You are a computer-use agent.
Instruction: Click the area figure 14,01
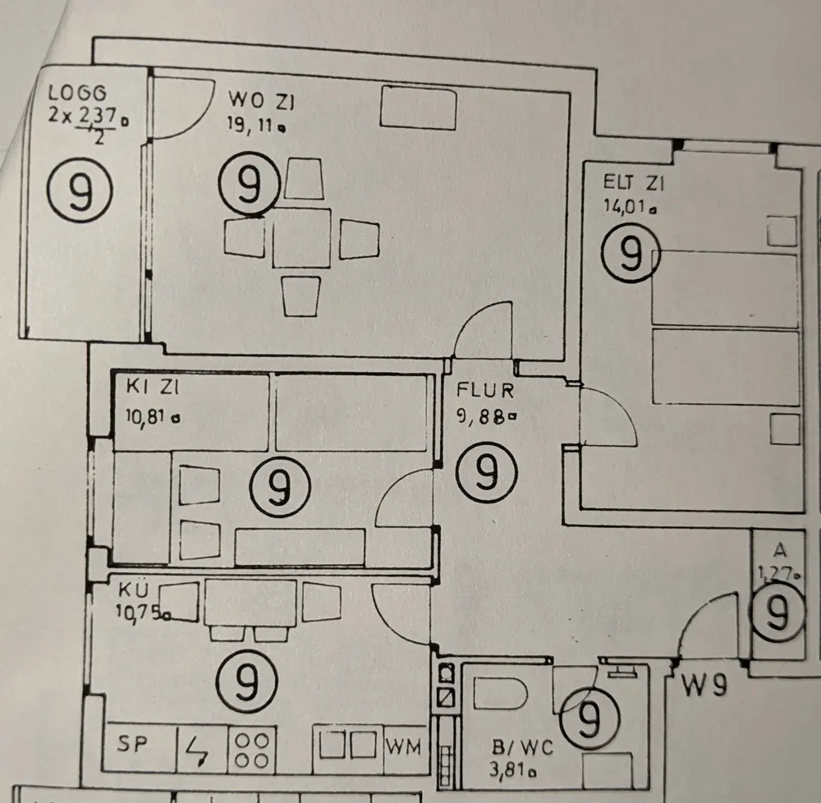point(628,207)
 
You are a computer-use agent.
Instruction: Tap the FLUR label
point(485,391)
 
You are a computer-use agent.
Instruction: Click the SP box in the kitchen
point(128,746)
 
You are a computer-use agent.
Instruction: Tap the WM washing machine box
point(404,747)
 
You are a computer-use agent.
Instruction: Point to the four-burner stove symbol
point(250,749)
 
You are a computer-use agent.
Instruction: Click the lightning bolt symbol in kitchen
point(197,749)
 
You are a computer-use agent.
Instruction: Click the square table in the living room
point(301,238)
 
